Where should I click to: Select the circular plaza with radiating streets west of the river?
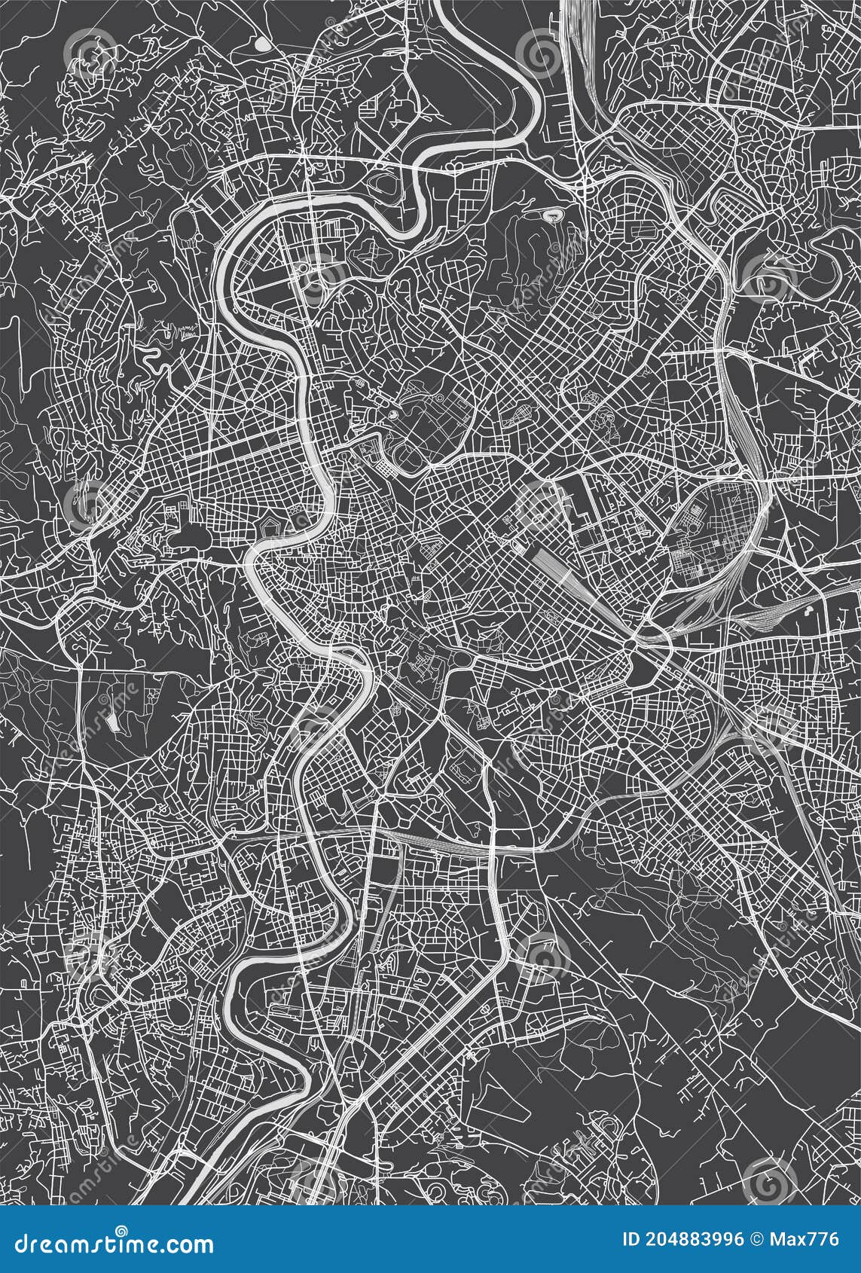(x=249, y=404)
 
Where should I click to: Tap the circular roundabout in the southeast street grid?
(x=623, y=743)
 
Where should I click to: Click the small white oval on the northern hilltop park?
(x=555, y=218)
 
